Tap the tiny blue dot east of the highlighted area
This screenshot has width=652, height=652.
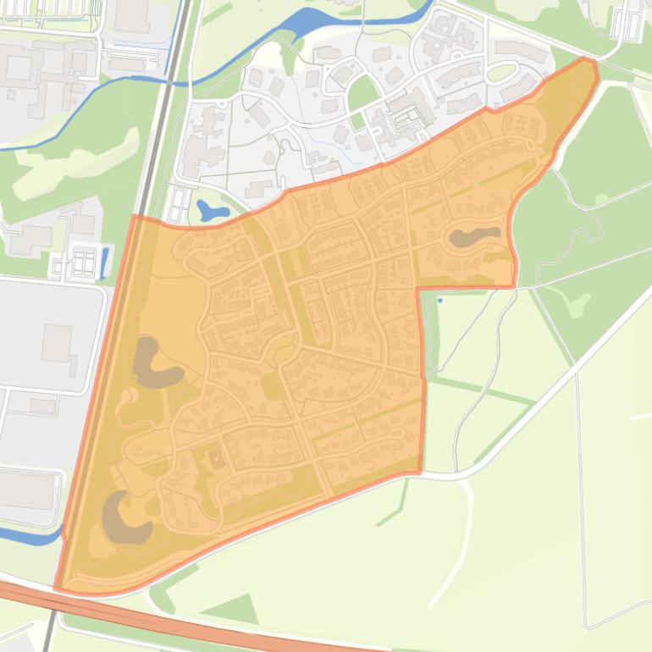[440, 300]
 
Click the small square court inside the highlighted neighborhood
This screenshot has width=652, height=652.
[217, 458]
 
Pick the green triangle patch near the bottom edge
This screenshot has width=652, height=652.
[234, 609]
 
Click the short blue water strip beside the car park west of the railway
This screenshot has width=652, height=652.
[104, 262]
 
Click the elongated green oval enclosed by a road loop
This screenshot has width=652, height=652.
[502, 73]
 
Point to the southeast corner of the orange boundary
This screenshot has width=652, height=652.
[419, 472]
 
